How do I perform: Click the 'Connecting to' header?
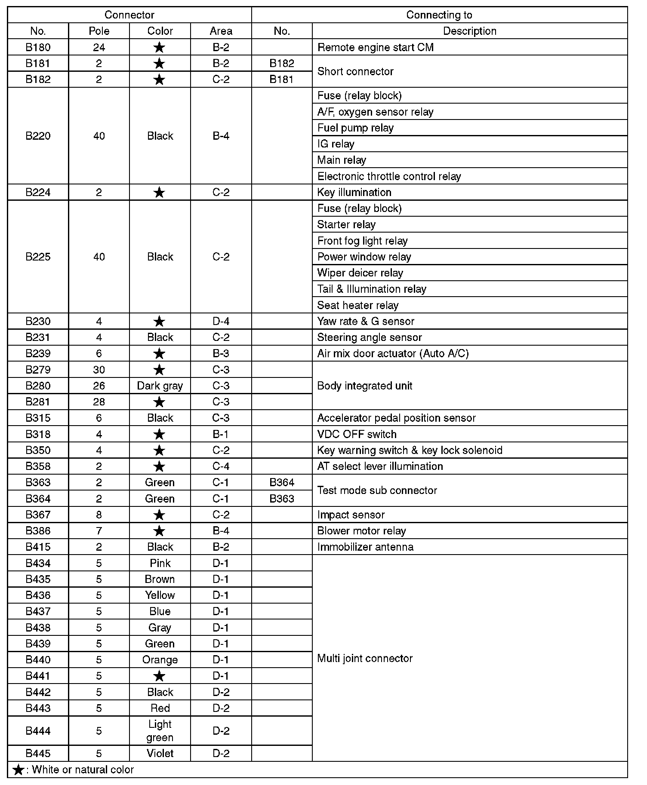click(x=439, y=15)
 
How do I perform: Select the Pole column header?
click(x=99, y=31)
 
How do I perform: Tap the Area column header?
click(x=221, y=31)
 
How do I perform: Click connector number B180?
click(x=38, y=47)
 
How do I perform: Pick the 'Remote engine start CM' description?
click(x=375, y=47)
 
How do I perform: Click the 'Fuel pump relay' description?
click(x=355, y=128)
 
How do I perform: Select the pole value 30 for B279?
click(x=99, y=370)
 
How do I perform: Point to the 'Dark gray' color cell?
click(x=160, y=386)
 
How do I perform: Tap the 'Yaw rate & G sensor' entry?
click(x=366, y=321)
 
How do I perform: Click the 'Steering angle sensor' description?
click(x=369, y=337)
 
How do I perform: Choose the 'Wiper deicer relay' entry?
click(x=360, y=273)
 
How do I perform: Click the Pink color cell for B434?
click(x=160, y=563)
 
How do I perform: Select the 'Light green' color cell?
click(x=160, y=731)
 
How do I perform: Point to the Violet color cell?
click(x=160, y=753)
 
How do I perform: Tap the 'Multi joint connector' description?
click(x=365, y=658)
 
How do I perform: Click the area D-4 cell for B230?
click(x=221, y=321)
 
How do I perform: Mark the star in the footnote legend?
click(x=18, y=770)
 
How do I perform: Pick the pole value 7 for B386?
click(x=99, y=531)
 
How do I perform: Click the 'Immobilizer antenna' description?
click(x=365, y=547)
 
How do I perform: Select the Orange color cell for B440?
click(x=160, y=660)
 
